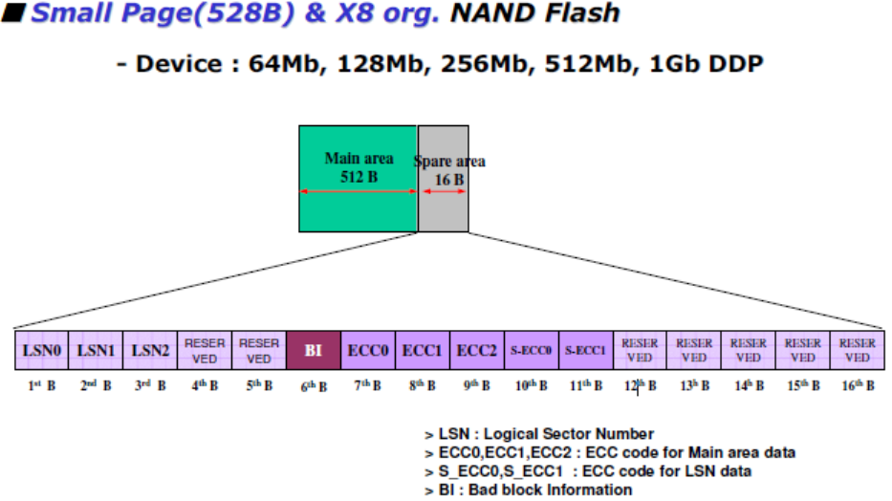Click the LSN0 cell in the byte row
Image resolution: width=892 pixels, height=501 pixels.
42,350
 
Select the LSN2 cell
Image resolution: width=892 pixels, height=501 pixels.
150,350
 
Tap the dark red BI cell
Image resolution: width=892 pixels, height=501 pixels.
314,350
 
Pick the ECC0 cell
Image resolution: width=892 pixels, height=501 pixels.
368,350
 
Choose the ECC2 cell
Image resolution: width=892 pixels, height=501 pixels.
476,350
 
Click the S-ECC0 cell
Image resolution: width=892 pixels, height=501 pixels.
531,350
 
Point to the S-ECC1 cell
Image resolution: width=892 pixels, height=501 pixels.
585,350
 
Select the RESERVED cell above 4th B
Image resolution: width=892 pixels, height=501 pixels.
205,350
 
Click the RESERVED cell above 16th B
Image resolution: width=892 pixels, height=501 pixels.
858,350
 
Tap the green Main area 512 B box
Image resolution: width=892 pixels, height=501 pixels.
358,178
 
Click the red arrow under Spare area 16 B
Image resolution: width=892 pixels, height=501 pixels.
444,191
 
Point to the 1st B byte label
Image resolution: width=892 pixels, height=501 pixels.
42,385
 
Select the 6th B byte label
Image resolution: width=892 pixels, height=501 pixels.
314,386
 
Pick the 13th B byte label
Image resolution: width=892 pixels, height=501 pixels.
694,385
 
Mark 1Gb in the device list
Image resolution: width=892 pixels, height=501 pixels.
670,65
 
